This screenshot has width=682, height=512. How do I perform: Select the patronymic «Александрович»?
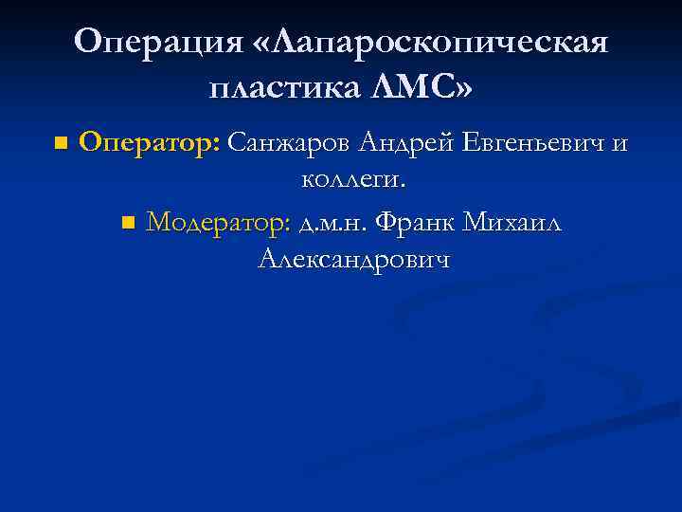(353, 258)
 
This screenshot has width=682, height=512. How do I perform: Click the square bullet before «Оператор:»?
(61, 144)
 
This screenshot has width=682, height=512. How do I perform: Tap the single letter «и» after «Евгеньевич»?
(619, 144)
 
